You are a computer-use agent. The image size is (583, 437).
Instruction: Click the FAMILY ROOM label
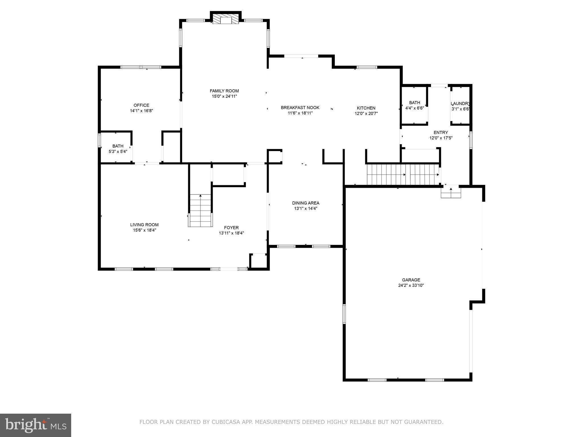[224, 91]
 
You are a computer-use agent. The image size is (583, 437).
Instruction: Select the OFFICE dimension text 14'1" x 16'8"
[141, 111]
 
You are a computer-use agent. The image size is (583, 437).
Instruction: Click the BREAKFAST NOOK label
[300, 108]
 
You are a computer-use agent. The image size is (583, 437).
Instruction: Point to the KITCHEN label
[366, 108]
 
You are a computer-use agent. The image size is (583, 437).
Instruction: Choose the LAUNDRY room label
[460, 104]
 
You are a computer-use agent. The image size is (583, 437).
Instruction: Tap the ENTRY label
[441, 133]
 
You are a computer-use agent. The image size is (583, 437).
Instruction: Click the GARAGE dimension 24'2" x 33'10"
[411, 285]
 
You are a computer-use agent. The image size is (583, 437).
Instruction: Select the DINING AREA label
[305, 203]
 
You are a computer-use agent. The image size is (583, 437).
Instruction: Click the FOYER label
[231, 228]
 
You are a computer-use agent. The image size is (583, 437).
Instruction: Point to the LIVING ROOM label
[144, 225]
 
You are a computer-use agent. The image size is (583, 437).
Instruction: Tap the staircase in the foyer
[200, 211]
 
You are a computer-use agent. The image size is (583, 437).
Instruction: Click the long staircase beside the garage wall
[403, 174]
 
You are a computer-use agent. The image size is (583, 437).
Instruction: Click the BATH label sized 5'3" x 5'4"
[118, 146]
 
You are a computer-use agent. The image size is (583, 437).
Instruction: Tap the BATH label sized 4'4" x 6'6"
[414, 103]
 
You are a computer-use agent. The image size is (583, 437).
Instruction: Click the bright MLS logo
[36, 425]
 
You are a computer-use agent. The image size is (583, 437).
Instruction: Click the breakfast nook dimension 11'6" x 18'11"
[300, 113]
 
